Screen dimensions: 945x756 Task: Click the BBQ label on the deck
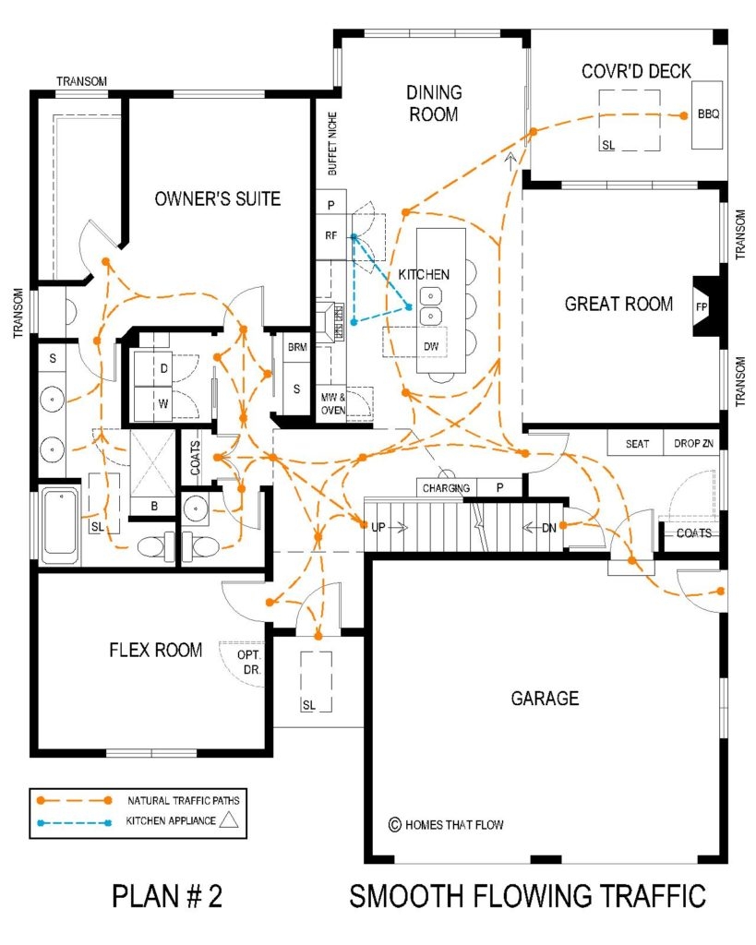[708, 115]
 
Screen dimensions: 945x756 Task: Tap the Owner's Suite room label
[218, 198]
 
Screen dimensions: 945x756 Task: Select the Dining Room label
[433, 103]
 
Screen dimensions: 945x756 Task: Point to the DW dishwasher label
[430, 345]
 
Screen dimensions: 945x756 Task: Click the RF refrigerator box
[330, 235]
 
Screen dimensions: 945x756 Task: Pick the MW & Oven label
[331, 404]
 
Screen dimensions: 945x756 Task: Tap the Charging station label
[446, 488]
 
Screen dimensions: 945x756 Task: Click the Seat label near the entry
[637, 444]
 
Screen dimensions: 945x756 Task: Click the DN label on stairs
[548, 527]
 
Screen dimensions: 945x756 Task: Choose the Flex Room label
[155, 651]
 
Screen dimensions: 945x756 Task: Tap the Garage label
[545, 699]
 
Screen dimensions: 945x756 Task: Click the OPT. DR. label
[250, 661]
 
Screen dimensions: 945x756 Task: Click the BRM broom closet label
[296, 347]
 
